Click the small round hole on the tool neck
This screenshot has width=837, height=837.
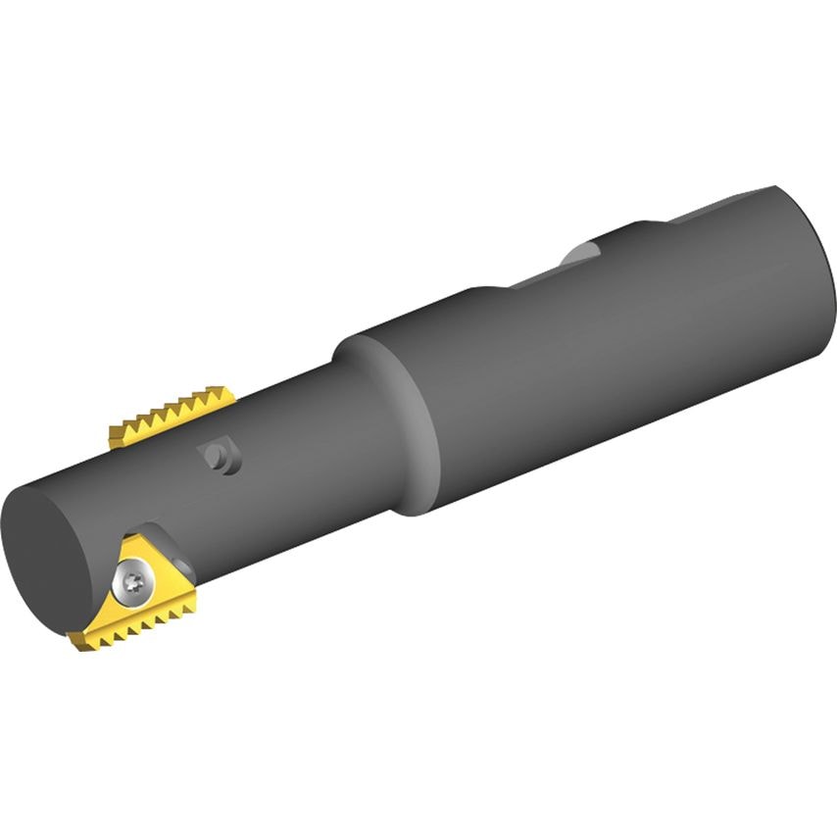coord(223,458)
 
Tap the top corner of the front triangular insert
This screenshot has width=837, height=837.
coord(127,535)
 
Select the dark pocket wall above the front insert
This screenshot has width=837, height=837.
coord(157,534)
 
